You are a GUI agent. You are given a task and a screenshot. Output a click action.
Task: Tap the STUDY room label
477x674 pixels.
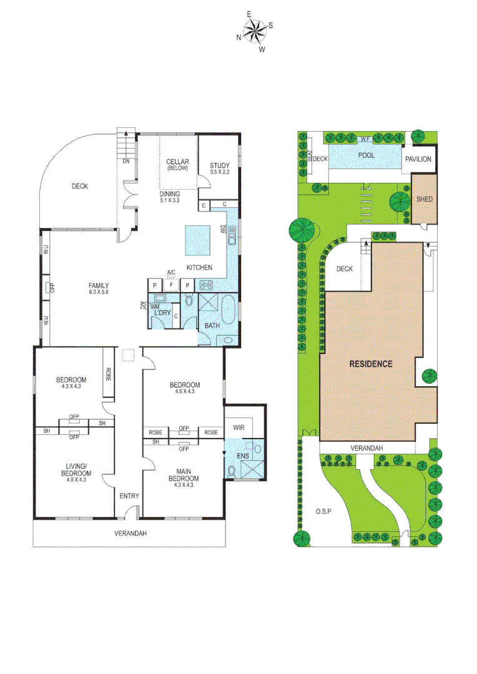(x=220, y=165)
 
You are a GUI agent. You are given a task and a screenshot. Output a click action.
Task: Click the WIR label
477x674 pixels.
(x=238, y=428)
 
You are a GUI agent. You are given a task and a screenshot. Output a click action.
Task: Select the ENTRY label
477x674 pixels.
(x=129, y=496)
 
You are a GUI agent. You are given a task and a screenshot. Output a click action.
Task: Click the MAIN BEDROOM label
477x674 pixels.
(x=184, y=475)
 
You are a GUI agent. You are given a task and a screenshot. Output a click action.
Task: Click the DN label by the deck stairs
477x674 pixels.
(x=126, y=160)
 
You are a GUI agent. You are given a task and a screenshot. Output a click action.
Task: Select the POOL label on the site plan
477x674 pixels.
(x=366, y=155)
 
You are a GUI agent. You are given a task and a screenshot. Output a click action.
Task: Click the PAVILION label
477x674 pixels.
(x=418, y=159)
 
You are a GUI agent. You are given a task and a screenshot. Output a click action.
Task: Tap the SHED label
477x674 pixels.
(x=424, y=200)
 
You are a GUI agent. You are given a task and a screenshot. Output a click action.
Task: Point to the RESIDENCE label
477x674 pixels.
(x=370, y=364)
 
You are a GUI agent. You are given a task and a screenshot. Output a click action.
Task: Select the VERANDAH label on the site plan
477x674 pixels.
(x=366, y=448)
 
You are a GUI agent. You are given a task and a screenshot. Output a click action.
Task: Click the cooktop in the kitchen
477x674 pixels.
(x=206, y=285)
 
